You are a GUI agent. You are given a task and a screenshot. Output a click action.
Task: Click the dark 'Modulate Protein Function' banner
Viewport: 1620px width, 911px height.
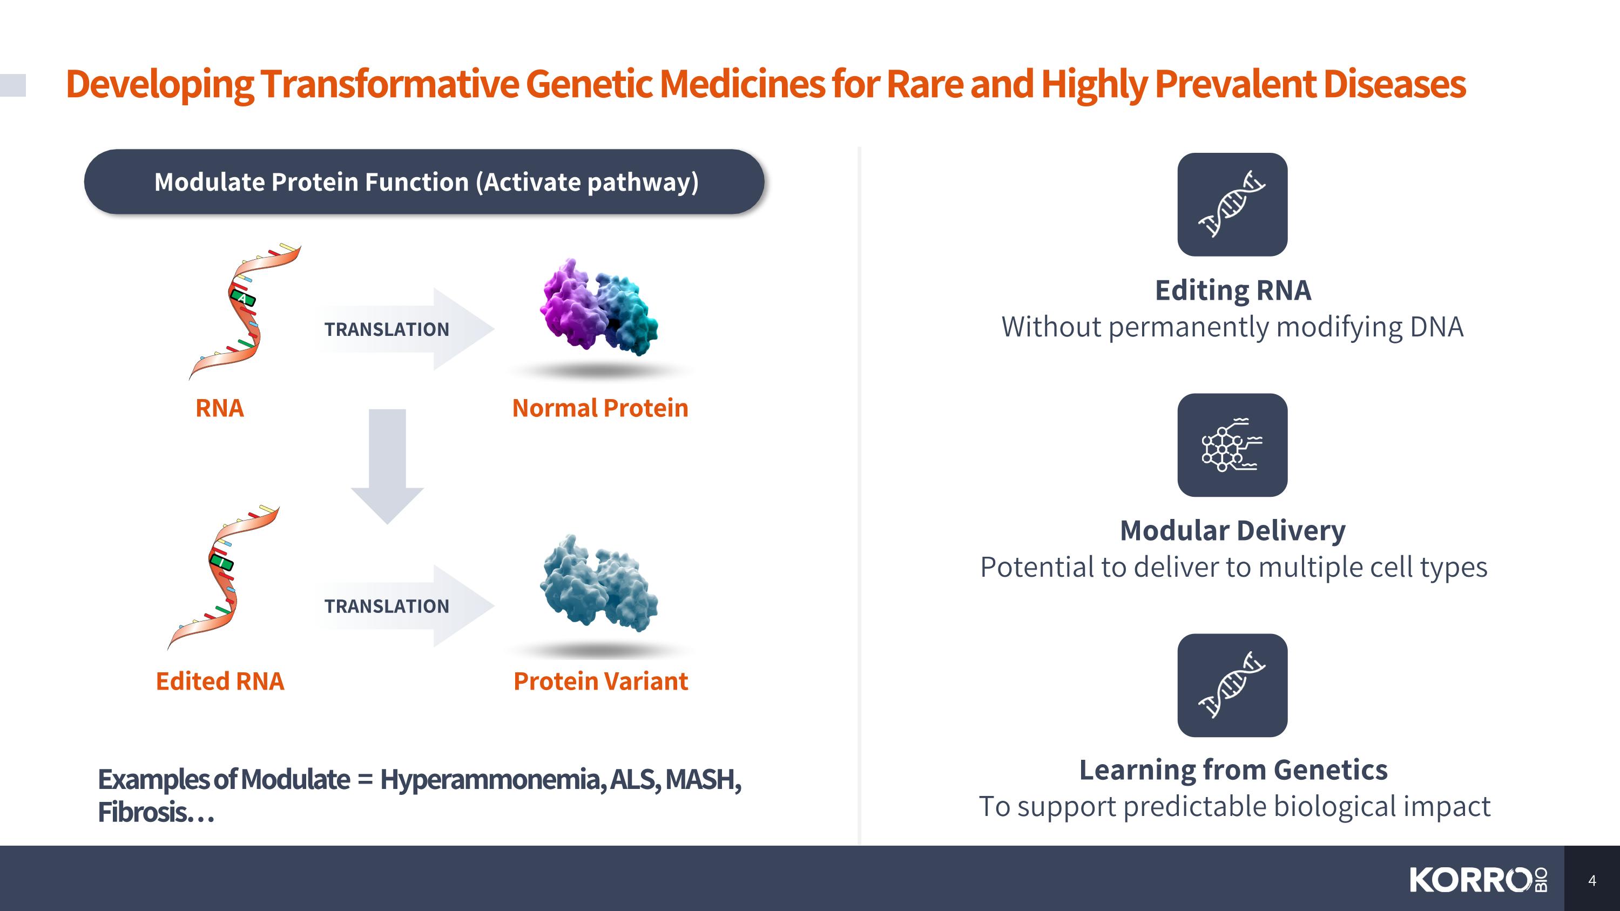point(424,181)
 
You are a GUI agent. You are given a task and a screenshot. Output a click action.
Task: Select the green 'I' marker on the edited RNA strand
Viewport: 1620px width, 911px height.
point(221,561)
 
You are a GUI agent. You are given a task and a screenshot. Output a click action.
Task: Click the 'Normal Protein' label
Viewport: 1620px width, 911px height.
point(600,408)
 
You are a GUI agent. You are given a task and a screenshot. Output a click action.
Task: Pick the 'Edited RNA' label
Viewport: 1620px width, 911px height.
point(220,681)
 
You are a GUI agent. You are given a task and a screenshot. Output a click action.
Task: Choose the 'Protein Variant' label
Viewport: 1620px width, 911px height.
point(600,681)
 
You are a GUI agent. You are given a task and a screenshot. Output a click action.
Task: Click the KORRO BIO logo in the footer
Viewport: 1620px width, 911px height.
point(1479,880)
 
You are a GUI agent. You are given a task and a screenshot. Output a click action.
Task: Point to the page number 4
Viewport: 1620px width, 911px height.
point(1592,880)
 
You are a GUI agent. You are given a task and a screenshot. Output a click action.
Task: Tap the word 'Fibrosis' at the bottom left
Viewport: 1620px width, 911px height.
point(142,812)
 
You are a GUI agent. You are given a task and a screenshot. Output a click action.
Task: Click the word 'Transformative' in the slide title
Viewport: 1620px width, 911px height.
point(390,84)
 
